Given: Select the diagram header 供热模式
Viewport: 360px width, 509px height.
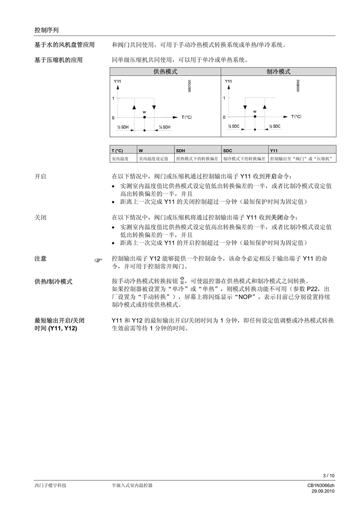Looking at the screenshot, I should [166, 72].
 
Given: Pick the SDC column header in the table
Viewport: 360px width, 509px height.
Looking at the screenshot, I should [228, 150].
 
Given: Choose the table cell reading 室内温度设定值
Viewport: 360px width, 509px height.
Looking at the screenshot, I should [156, 158].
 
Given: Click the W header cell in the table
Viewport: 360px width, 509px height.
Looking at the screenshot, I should [141, 150].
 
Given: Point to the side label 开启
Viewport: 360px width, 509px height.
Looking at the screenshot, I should [40, 176].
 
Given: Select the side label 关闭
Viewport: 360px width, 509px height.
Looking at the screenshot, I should [40, 218].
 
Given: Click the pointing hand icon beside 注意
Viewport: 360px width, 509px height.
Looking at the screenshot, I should [99, 260].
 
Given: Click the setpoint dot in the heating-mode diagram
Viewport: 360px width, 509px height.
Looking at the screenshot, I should [144, 117].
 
